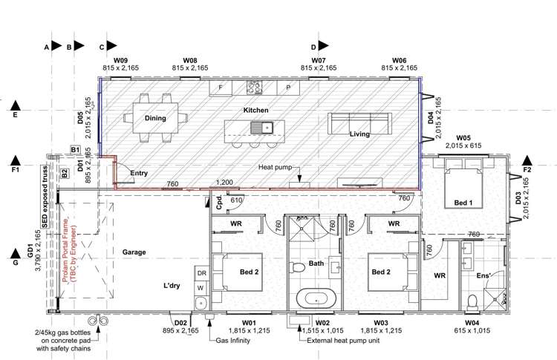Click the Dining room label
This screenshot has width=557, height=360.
tap(155, 118)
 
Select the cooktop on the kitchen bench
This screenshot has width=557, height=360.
tap(253, 88)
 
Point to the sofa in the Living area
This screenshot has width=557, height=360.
tap(359, 124)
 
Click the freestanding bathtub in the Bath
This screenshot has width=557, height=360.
tap(317, 300)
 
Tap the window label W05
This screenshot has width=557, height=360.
tap(463, 137)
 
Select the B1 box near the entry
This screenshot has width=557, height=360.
tap(75, 150)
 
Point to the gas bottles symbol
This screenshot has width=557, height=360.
tap(97, 321)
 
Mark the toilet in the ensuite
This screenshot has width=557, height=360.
tap(472, 300)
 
